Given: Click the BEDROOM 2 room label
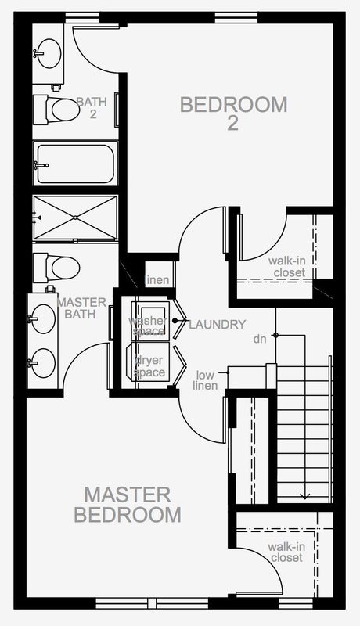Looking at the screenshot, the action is click(233, 113).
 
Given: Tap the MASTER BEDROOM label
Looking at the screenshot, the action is click(128, 505).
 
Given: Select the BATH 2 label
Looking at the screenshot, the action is click(92, 108).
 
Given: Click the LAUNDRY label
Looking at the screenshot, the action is click(217, 325).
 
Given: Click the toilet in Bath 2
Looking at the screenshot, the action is click(56, 110).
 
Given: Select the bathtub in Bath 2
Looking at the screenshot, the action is click(75, 164).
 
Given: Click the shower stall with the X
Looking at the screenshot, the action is click(75, 218).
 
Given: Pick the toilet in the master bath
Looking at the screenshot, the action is click(56, 267).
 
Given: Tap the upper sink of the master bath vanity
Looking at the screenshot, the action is click(43, 318).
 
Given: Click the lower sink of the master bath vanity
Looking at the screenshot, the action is click(43, 363).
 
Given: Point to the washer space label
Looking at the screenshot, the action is click(148, 326).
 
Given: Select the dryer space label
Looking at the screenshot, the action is click(149, 366).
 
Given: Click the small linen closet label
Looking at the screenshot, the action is click(157, 280).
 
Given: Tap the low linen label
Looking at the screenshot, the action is click(205, 380).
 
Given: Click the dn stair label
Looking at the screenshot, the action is click(260, 340).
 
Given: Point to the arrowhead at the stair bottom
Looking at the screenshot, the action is click(305, 497).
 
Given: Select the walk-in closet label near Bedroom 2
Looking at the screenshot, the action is click(286, 267).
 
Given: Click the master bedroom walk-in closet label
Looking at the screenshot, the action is click(286, 552).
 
